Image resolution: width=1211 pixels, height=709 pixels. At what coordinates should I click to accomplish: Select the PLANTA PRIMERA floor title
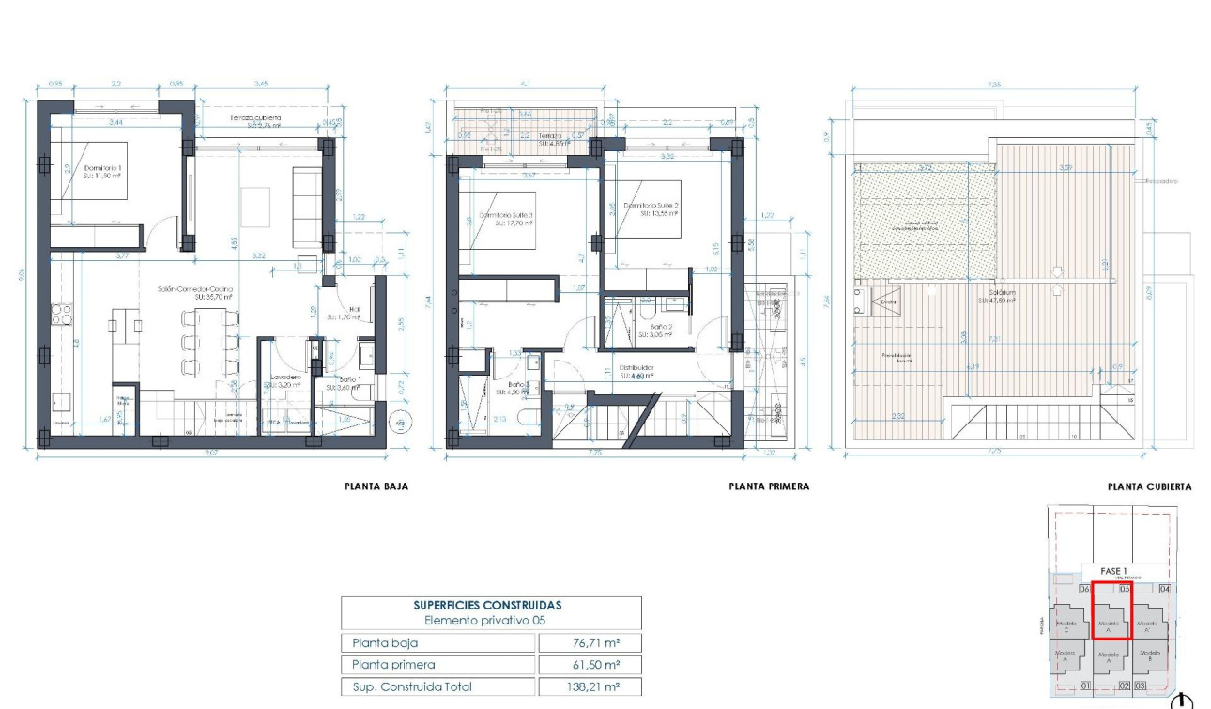[768, 486]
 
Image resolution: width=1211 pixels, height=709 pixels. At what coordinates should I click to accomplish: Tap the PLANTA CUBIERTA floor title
[1149, 486]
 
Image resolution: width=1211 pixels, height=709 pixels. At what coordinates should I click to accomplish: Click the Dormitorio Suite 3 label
[506, 219]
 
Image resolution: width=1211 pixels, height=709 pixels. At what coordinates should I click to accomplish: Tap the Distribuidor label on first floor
[636, 369]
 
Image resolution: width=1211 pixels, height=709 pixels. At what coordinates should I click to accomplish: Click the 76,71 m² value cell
[589, 643]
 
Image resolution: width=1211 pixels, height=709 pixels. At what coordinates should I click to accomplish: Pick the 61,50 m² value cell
[589, 665]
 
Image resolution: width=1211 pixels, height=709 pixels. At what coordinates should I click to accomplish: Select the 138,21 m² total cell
[589, 686]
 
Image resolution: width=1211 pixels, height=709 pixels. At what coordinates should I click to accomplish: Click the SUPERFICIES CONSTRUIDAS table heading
[488, 606]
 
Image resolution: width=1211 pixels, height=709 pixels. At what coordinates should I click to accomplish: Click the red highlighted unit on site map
[1111, 610]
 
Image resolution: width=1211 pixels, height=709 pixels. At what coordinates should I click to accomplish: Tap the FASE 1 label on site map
[1111, 571]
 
